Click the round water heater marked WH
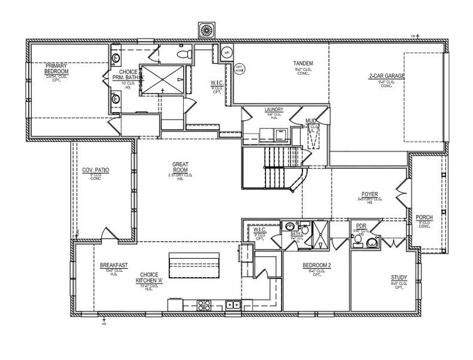[227, 53]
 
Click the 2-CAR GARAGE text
[387, 77]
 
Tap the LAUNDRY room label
[273, 110]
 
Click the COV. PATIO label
[95, 170]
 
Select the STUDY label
[399, 277]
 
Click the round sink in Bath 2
[290, 226]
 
